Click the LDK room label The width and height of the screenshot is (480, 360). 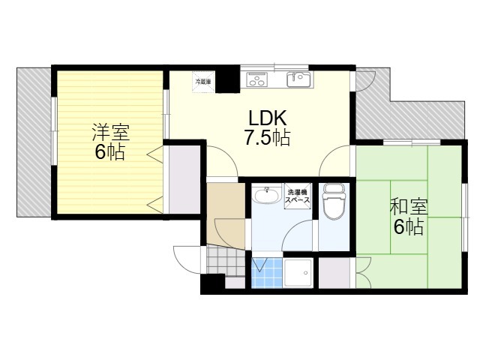click(x=268, y=118)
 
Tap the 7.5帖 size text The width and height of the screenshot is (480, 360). click(x=267, y=137)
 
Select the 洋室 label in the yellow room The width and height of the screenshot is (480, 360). click(x=111, y=132)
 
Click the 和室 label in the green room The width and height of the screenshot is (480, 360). click(x=409, y=207)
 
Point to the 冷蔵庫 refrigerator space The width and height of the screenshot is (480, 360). click(x=203, y=82)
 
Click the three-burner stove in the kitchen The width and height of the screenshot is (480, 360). click(x=257, y=79)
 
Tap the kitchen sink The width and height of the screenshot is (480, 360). click(x=298, y=79)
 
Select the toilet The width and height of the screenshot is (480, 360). click(x=334, y=201)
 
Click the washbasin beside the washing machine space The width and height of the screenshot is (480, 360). click(x=266, y=195)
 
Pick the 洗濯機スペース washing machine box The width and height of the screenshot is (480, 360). click(x=298, y=196)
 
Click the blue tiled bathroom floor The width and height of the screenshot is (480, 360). click(x=267, y=273)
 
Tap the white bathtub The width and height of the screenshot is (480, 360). click(x=298, y=273)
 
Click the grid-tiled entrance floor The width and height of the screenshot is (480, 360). click(x=226, y=261)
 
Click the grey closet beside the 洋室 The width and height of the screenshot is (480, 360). click(x=185, y=179)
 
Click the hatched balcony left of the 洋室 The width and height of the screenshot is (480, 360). click(x=34, y=142)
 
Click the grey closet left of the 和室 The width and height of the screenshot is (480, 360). click(x=334, y=273)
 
